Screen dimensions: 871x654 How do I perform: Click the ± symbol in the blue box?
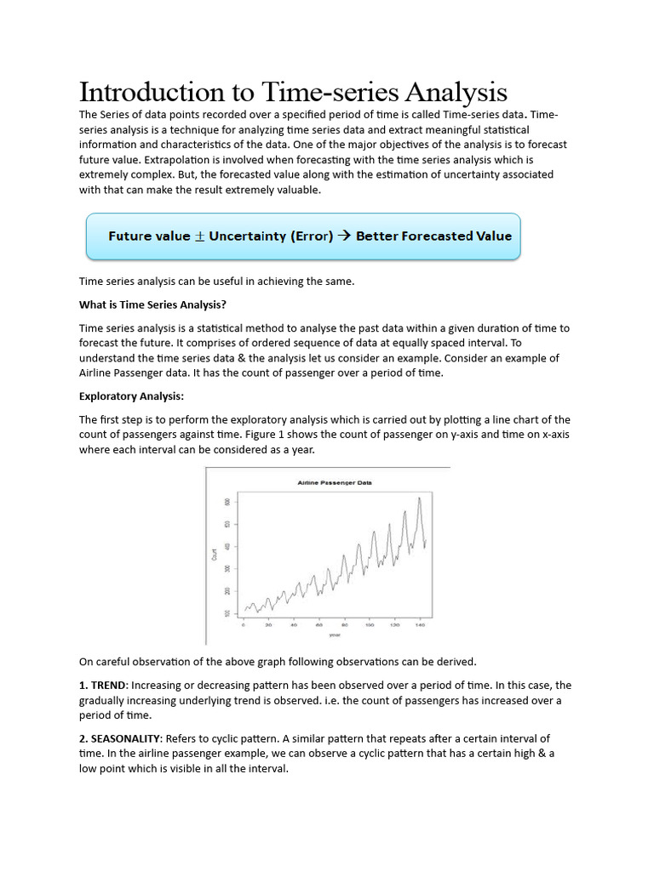[x=200, y=236]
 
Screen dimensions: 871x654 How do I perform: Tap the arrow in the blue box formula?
[x=344, y=236]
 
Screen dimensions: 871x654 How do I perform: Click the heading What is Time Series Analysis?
[x=152, y=305]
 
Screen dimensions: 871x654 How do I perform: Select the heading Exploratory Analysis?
[x=131, y=396]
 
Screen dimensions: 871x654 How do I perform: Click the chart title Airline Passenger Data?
[x=335, y=482]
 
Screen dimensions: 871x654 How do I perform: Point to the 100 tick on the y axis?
[x=227, y=612]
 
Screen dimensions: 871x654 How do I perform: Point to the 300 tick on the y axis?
[x=227, y=568]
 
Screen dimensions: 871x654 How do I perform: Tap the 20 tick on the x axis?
[x=269, y=625]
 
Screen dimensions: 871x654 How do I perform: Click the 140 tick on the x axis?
[x=420, y=625]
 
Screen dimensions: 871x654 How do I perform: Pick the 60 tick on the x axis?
[x=319, y=625]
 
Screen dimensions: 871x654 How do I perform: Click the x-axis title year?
[x=335, y=635]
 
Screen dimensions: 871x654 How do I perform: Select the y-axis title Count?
[x=214, y=555]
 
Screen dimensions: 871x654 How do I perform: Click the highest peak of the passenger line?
[x=419, y=498]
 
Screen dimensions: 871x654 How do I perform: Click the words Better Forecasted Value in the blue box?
[x=433, y=236]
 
